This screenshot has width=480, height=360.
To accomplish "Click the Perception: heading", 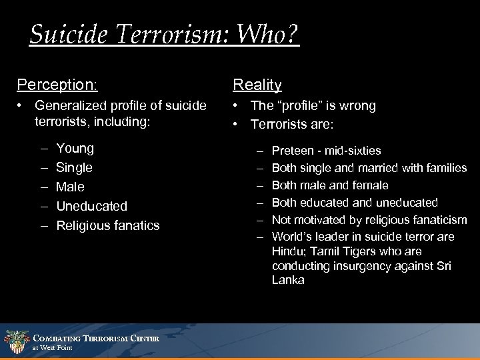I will [x=57, y=85].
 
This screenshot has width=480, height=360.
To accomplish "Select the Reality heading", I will [x=257, y=85].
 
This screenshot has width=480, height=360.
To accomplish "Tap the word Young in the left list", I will [x=75, y=148].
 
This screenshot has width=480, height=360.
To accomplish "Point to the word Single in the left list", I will [x=75, y=167].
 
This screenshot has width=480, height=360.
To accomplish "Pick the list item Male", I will [x=71, y=187].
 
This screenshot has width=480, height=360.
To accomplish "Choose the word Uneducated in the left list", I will [x=91, y=206].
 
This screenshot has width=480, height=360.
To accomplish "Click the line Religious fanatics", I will [x=108, y=225].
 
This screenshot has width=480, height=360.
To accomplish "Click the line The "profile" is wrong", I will [x=313, y=105].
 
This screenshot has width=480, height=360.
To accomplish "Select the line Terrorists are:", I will [x=294, y=123].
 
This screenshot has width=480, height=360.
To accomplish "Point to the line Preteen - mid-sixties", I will [x=327, y=151].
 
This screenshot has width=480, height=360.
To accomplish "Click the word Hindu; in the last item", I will [x=287, y=251].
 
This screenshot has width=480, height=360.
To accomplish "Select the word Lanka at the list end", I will [x=287, y=281].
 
